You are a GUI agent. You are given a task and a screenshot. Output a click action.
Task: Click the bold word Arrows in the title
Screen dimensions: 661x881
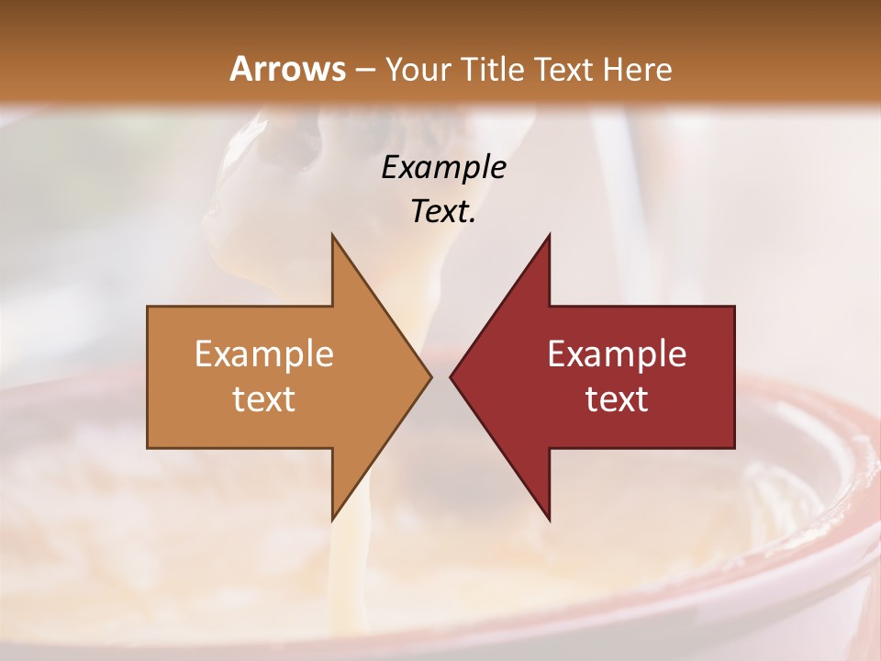point(287,69)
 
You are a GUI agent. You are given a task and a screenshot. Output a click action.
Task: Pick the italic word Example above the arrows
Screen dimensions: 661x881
point(443,167)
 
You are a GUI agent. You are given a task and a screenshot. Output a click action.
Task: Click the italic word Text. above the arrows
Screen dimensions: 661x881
point(443,211)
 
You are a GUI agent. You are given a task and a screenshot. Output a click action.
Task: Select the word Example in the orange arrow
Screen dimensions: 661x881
point(264,354)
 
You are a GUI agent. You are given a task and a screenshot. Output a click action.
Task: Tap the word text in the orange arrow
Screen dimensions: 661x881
point(264,399)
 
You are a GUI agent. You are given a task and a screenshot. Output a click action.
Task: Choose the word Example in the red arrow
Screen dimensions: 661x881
point(617,354)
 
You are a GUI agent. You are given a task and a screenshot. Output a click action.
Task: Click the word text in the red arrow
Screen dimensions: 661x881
point(617,399)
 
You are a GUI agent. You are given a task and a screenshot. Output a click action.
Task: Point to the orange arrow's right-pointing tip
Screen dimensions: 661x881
point(430,376)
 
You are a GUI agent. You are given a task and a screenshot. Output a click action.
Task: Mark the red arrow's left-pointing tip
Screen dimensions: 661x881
point(451,376)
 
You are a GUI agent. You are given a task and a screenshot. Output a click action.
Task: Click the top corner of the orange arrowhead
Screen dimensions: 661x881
point(332,235)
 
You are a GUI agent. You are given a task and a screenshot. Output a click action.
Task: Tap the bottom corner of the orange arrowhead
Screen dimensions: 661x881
point(332,520)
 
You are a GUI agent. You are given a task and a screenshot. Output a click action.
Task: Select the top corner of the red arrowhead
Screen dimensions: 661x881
point(549,235)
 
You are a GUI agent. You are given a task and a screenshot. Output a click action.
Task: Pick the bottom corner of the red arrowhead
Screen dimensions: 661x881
point(549,520)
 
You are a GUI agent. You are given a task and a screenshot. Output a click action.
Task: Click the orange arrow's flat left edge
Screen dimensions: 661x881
point(148,376)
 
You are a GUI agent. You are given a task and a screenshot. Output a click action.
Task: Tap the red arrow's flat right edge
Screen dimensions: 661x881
point(734,376)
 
